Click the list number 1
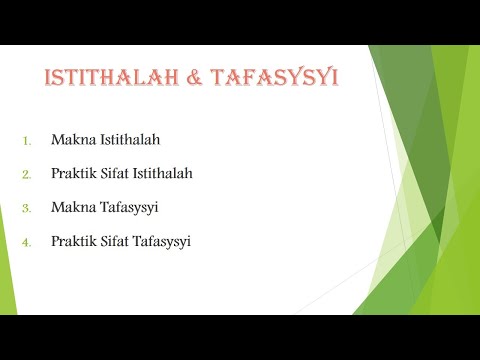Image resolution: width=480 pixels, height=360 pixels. click(x=28, y=140)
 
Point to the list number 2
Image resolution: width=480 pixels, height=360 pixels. click(x=28, y=174)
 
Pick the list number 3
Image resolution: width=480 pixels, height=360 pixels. click(x=28, y=208)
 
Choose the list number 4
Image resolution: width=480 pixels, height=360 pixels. click(x=28, y=242)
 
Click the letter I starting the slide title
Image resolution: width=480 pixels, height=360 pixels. click(x=46, y=79)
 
